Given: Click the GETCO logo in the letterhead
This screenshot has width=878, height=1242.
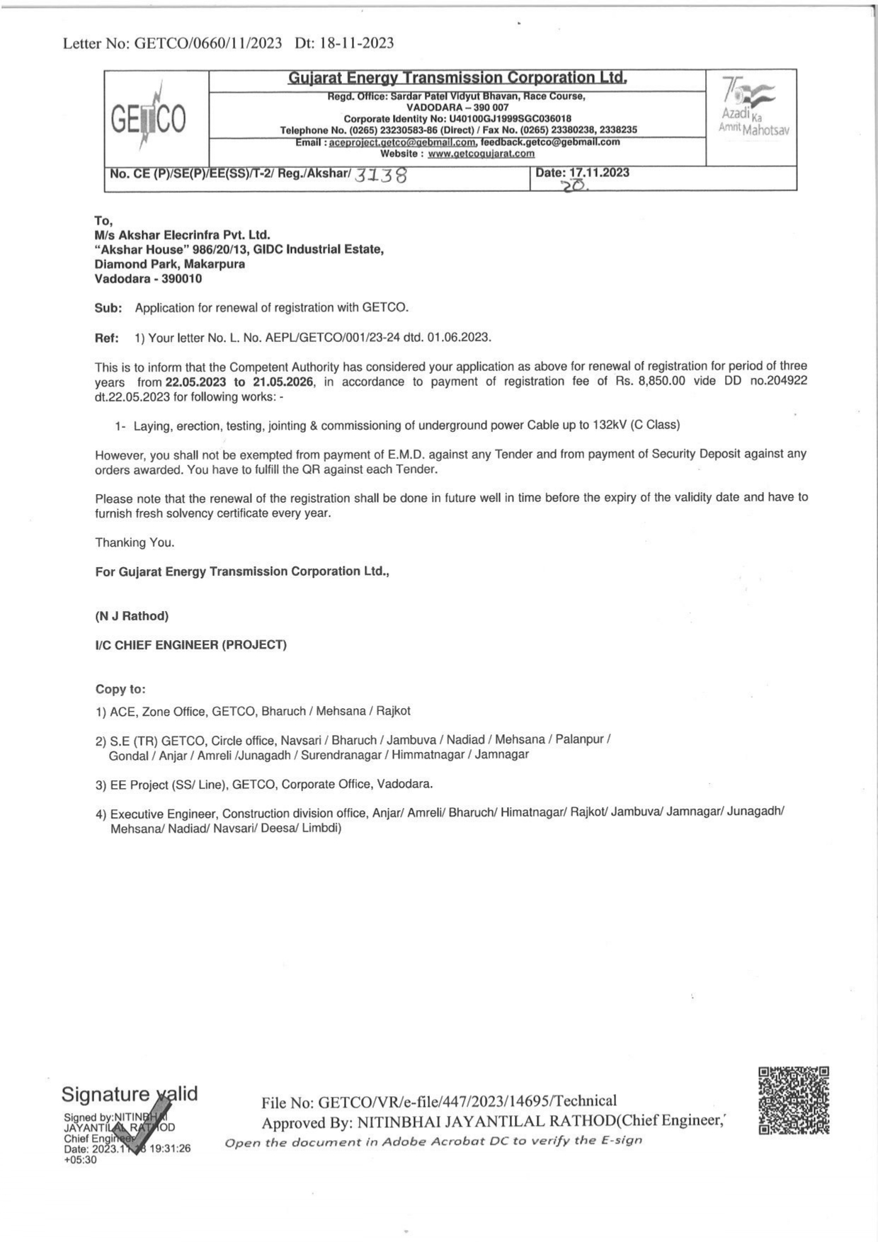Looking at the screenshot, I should [x=149, y=118].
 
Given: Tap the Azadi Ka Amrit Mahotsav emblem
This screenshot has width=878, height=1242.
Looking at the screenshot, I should [x=753, y=109].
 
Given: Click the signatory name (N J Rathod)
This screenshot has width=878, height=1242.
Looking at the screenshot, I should [x=132, y=616].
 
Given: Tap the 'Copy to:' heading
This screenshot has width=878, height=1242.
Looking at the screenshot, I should [x=120, y=689].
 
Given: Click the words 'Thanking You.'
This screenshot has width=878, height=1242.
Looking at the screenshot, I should [x=135, y=542].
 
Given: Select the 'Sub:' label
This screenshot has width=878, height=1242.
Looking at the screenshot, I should [x=108, y=308].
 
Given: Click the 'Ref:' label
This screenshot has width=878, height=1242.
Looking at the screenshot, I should [x=107, y=338].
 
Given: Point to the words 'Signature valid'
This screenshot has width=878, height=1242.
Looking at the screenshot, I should [x=130, y=1094].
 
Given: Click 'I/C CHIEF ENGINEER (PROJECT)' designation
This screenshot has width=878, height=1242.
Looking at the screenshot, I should [x=191, y=645].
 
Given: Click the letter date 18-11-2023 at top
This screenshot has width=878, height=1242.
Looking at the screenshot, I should [x=357, y=43].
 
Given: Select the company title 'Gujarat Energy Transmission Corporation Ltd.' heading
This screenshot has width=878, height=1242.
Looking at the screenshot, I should [x=457, y=78].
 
